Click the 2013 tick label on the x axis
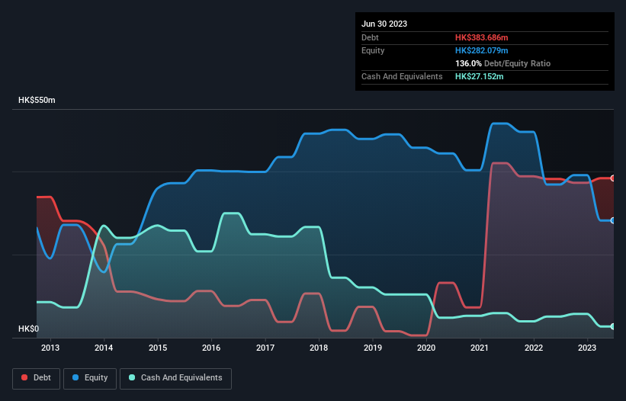[50, 348]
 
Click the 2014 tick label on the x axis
[104, 348]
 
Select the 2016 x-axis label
[211, 348]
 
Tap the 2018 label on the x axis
[319, 348]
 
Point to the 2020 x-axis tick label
[426, 348]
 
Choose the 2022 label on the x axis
[534, 348]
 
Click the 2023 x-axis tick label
[587, 348]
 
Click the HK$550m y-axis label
[37, 101]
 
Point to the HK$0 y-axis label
[27, 329]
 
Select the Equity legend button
[90, 377]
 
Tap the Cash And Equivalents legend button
[175, 377]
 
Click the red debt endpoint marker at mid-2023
[613, 178]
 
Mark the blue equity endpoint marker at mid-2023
[613, 220]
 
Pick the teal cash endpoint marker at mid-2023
[613, 326]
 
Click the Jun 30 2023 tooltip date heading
[384, 24]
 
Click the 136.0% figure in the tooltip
[468, 63]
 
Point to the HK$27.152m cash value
[480, 76]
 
